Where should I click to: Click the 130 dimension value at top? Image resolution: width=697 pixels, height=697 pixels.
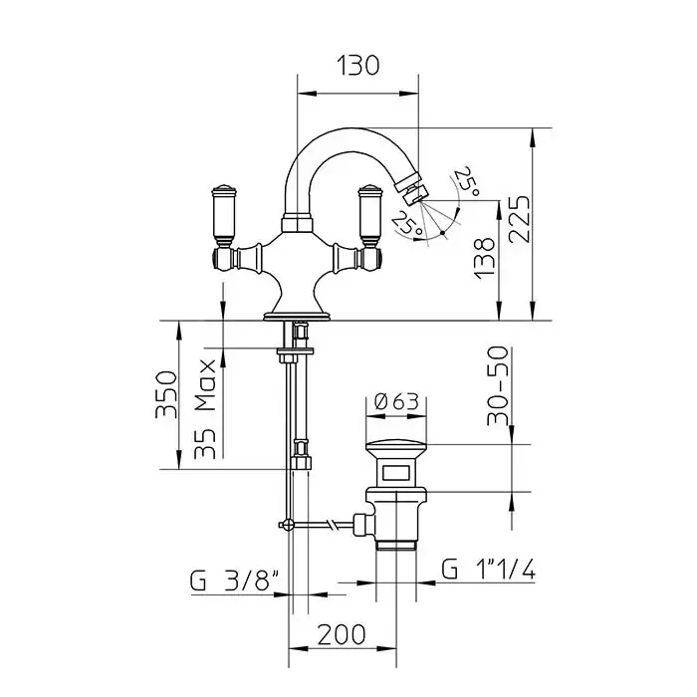coord(358,66)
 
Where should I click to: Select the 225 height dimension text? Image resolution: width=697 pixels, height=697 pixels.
coord(519,219)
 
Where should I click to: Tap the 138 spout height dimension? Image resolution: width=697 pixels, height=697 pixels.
coord(485,258)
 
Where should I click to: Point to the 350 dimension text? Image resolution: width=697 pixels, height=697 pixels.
coord(166,394)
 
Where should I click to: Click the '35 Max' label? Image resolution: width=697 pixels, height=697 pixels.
coord(205,409)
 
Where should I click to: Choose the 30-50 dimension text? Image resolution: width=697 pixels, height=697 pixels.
coord(497,385)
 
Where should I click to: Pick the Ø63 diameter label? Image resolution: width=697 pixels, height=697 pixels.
coord(396,402)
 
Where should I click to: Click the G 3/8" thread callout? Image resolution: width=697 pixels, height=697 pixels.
coord(234,580)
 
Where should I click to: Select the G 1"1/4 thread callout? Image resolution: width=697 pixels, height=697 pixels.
coord(488,569)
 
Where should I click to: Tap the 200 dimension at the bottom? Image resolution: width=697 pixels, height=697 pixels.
coord(342,634)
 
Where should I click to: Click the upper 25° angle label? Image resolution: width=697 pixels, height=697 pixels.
coord(467,181)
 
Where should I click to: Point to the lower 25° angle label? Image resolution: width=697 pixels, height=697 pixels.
coord(406,223)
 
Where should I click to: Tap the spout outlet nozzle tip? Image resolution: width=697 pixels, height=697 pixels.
coord(414,190)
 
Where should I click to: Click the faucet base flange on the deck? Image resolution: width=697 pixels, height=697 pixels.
coord(297,316)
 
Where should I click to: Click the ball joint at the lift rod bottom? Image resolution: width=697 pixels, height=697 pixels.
coord(288,525)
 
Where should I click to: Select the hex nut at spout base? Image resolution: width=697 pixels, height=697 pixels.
coord(297,224)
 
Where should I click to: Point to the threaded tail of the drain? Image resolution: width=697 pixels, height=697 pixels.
coord(396,544)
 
